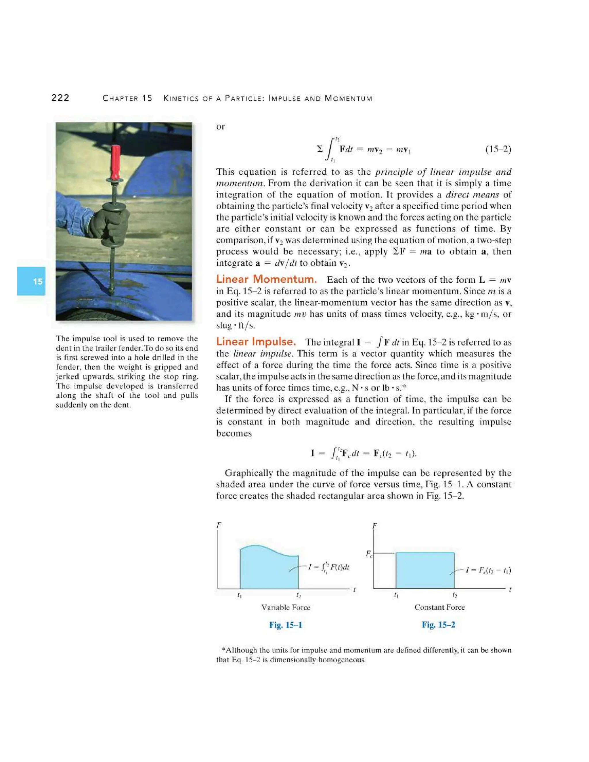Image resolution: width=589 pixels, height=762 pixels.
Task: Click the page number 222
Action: pyautogui.click(x=60, y=98)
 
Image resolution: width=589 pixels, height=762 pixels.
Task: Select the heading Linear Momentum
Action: pyautogui.click(x=266, y=279)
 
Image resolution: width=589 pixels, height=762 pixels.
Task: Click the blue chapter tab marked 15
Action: pyautogui.click(x=31, y=281)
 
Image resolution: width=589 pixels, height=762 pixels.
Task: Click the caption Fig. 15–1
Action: pyautogui.click(x=285, y=625)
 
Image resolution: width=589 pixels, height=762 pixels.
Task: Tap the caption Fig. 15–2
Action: pyautogui.click(x=438, y=625)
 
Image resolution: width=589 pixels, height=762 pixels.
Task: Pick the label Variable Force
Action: pyautogui.click(x=285, y=607)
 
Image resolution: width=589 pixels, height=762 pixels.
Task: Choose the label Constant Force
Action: pyautogui.click(x=439, y=607)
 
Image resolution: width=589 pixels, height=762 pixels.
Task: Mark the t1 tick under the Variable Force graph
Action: pyautogui.click(x=239, y=596)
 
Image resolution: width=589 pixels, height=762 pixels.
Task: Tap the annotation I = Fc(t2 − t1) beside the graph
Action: pyautogui.click(x=487, y=570)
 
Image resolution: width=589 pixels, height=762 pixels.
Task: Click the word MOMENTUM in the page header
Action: pyautogui.click(x=348, y=98)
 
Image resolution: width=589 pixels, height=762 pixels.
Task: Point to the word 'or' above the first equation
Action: pyautogui.click(x=221, y=127)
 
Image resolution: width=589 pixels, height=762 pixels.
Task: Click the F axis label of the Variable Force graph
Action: pyautogui.click(x=219, y=525)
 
